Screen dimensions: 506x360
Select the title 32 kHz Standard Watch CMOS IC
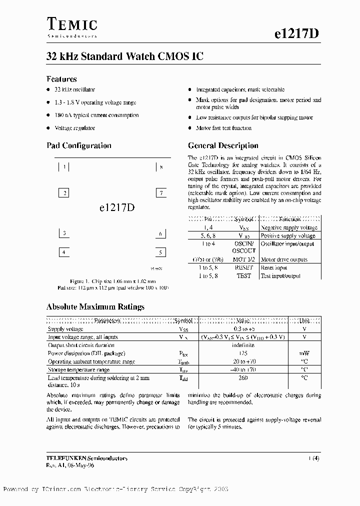coord(124,57)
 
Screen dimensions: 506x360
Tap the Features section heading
coord(61,79)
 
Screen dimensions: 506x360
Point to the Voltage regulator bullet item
coord(74,128)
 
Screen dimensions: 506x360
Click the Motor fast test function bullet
coord(223,128)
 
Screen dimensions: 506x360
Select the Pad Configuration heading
coord(78,146)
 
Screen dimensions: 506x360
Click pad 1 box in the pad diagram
coord(63,167)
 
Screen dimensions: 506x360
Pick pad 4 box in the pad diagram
coord(63,252)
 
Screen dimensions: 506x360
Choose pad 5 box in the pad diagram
coord(160,252)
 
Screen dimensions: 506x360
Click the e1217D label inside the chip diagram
coord(113,208)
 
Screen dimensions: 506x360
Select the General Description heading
coord(223,146)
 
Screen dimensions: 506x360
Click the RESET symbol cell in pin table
coord(243,267)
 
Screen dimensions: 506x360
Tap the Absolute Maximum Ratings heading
coord(95,307)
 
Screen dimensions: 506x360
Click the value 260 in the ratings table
coord(243,378)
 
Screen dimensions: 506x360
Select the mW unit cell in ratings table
coord(304,353)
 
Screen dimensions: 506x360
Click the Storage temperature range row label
coord(79,370)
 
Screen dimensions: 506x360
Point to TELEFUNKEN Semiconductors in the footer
coord(86,458)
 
